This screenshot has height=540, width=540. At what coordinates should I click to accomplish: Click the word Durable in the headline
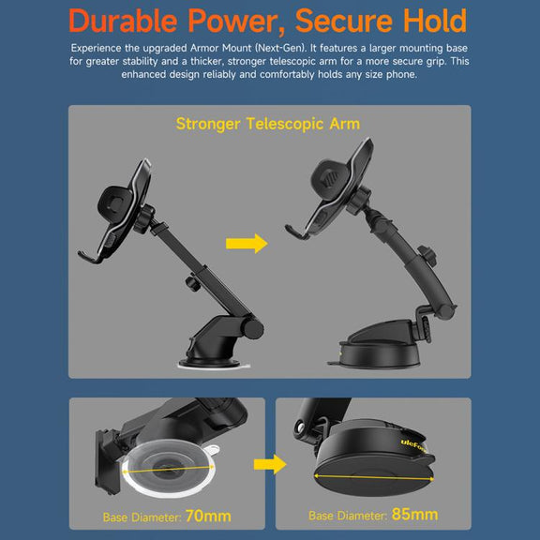tap(123, 21)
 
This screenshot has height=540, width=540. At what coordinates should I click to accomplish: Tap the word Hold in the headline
tap(435, 21)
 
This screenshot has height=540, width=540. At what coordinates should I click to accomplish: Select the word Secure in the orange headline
tap(344, 22)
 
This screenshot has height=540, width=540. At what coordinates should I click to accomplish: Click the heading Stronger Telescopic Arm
tap(268, 124)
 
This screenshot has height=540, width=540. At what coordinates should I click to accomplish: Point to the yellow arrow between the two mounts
tap(247, 244)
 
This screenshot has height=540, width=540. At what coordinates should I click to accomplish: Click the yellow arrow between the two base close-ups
tap(270, 464)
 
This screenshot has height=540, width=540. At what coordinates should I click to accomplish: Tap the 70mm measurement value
tap(208, 516)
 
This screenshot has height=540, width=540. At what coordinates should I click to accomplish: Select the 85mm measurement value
tap(414, 514)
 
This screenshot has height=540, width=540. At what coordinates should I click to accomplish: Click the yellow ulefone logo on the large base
tap(413, 446)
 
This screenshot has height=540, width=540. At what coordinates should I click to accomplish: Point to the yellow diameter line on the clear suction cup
tap(168, 470)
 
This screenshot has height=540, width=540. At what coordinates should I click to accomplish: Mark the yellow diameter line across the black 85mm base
tap(374, 477)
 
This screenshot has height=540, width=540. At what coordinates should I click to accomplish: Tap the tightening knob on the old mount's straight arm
tap(192, 282)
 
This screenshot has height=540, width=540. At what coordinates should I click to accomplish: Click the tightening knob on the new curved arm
tap(427, 256)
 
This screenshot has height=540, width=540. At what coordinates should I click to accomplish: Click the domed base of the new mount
tap(378, 345)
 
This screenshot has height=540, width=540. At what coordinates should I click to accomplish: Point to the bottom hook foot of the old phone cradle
tap(90, 257)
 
